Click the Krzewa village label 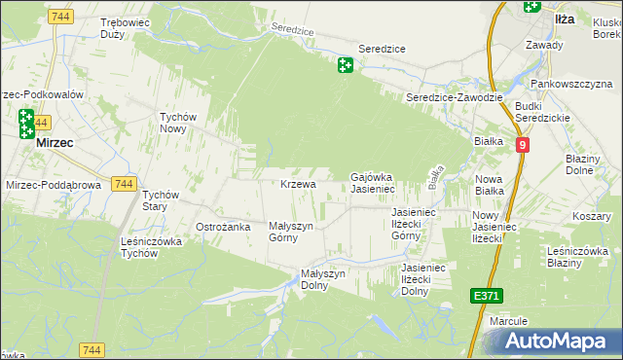tap(298, 184)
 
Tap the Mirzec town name tap(55, 142)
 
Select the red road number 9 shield tap(523, 145)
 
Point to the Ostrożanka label tap(224, 227)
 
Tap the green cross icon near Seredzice tap(345, 65)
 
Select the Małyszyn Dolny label tap(323, 279)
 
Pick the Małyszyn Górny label tap(291, 231)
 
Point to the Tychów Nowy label tap(179, 123)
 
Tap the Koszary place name tap(591, 215)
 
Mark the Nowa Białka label tap(489, 185)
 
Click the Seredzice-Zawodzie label tap(455, 97)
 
